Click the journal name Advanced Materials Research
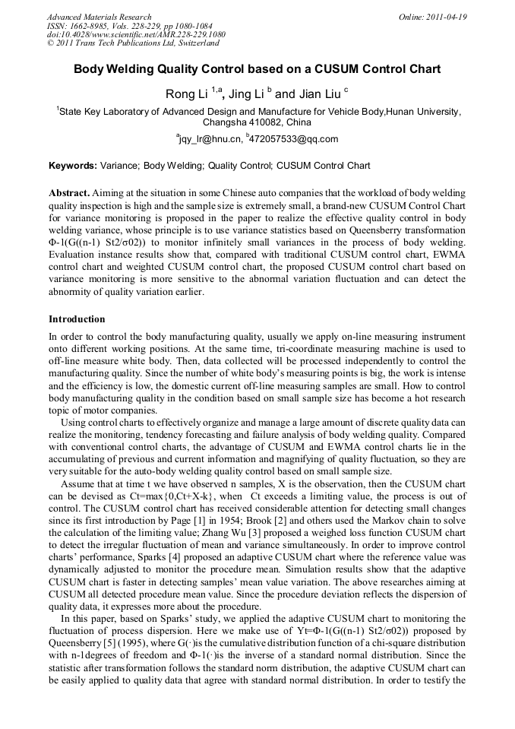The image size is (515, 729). pos(100,17)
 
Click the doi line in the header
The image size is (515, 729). pos(136,35)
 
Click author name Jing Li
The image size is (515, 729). pos(242,94)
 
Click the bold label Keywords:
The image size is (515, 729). pos(73,165)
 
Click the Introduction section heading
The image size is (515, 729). pos(77,319)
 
